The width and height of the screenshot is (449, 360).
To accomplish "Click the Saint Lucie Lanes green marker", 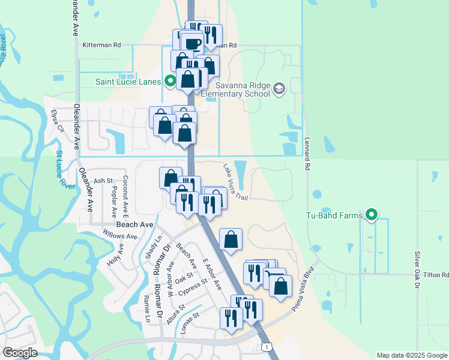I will pyautogui.click(x=170, y=81).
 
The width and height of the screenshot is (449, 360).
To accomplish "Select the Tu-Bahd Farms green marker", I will pyautogui.click(x=372, y=214).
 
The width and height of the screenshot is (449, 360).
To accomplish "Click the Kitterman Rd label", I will pyautogui.click(x=102, y=45).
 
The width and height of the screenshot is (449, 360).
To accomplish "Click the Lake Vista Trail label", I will pyautogui.click(x=235, y=182).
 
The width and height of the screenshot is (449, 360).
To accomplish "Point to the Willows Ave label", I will pyautogui.click(x=119, y=235).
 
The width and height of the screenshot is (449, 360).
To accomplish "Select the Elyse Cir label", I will pyautogui.click(x=58, y=120).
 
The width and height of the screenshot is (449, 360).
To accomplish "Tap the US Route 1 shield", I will pyautogui.click(x=265, y=347).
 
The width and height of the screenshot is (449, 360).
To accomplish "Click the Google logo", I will pyautogui.click(x=19, y=353).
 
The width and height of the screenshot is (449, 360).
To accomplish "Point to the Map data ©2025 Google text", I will pyautogui.click(x=412, y=355).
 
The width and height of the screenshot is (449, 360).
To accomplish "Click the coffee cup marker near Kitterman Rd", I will pyautogui.click(x=192, y=44).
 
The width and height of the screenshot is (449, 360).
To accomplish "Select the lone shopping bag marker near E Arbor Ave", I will pyautogui.click(x=231, y=240).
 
